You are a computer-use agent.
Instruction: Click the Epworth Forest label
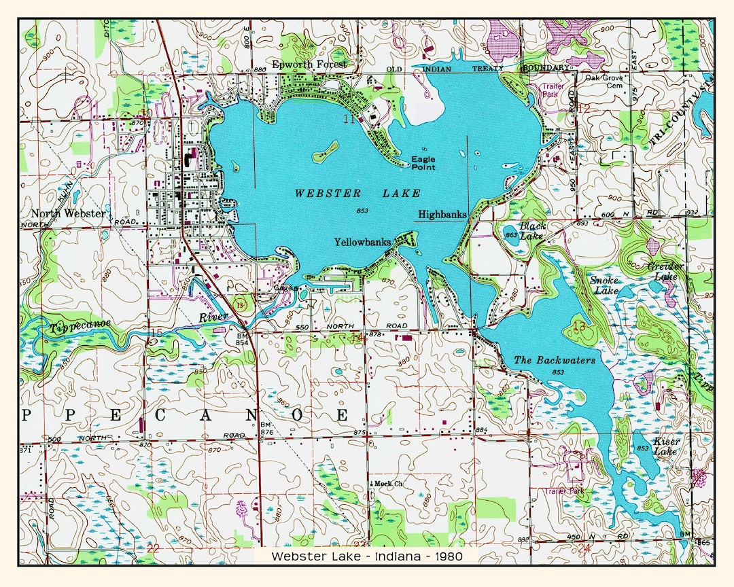click(x=309, y=65)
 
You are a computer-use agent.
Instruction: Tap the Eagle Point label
click(x=423, y=163)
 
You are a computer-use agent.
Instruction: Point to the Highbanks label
click(x=442, y=214)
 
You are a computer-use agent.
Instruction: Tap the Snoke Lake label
click(x=604, y=285)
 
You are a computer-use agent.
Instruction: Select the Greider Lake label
click(x=665, y=271)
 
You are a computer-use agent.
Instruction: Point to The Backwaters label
click(x=554, y=360)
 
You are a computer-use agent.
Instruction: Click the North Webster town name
click(x=68, y=213)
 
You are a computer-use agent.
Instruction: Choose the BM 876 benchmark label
click(x=266, y=428)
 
